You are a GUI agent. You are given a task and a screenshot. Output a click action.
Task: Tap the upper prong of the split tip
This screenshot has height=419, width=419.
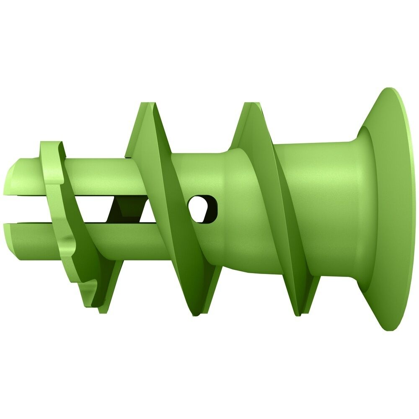tap(25, 176)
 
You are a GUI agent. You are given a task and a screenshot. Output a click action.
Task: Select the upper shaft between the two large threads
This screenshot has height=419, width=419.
tap(201, 168)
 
